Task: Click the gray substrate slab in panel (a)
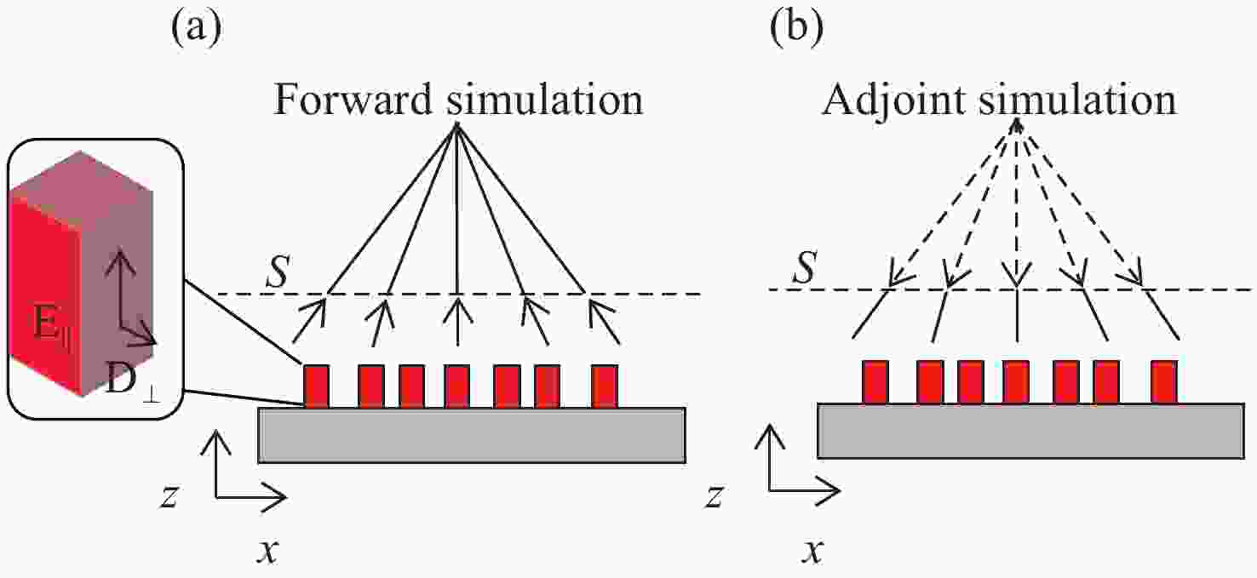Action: coord(472,435)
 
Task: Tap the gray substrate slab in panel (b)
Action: coord(1030,431)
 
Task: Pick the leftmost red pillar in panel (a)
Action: coord(316,386)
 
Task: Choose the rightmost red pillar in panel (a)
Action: coord(604,386)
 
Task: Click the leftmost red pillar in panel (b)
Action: coord(875,381)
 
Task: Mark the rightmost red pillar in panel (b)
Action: coord(1164,381)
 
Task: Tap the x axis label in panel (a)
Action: coord(267,552)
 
